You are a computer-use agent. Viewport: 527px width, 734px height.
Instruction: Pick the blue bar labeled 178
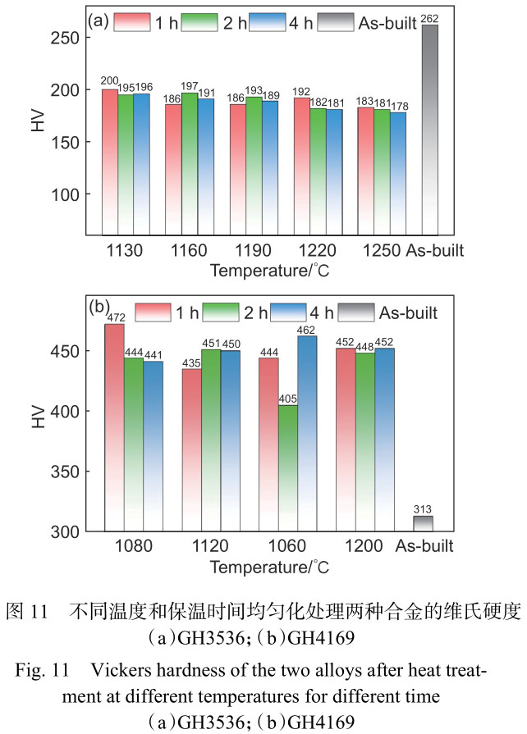[398, 172]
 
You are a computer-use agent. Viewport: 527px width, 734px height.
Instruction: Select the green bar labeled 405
[287, 467]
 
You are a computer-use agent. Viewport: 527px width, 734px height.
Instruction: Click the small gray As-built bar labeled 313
[423, 523]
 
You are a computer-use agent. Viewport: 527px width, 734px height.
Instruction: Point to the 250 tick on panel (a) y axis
[71, 38]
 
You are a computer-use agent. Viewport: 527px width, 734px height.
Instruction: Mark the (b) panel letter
[99, 309]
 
